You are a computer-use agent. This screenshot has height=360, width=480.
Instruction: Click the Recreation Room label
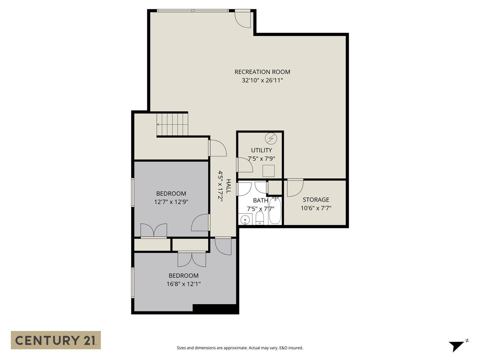[262, 72]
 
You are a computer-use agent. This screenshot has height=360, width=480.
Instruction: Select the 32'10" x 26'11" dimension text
[262, 80]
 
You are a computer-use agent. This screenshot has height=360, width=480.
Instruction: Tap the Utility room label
[261, 150]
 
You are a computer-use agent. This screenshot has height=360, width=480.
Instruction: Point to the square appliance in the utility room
[268, 171]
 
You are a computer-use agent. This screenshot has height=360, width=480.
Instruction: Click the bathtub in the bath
[275, 211]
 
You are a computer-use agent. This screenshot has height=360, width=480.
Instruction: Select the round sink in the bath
[245, 220]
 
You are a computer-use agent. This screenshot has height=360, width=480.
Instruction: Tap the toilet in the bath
[260, 219]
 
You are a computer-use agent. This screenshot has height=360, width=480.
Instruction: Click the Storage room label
[316, 200]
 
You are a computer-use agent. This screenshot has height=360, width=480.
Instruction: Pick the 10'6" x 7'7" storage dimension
[316, 208]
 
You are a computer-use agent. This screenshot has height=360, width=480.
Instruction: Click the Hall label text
[228, 186]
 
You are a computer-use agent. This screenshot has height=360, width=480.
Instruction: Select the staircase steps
[172, 124]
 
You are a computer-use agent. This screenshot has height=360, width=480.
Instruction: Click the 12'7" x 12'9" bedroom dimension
[171, 202]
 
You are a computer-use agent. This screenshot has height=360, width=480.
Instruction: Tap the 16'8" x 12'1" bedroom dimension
[183, 284]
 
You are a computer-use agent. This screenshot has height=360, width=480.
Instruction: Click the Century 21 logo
[56, 340]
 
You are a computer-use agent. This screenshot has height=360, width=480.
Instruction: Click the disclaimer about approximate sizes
[240, 348]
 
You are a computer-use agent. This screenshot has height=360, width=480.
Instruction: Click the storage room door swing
[294, 188]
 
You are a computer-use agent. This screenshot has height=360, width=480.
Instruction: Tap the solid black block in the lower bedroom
[215, 308]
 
